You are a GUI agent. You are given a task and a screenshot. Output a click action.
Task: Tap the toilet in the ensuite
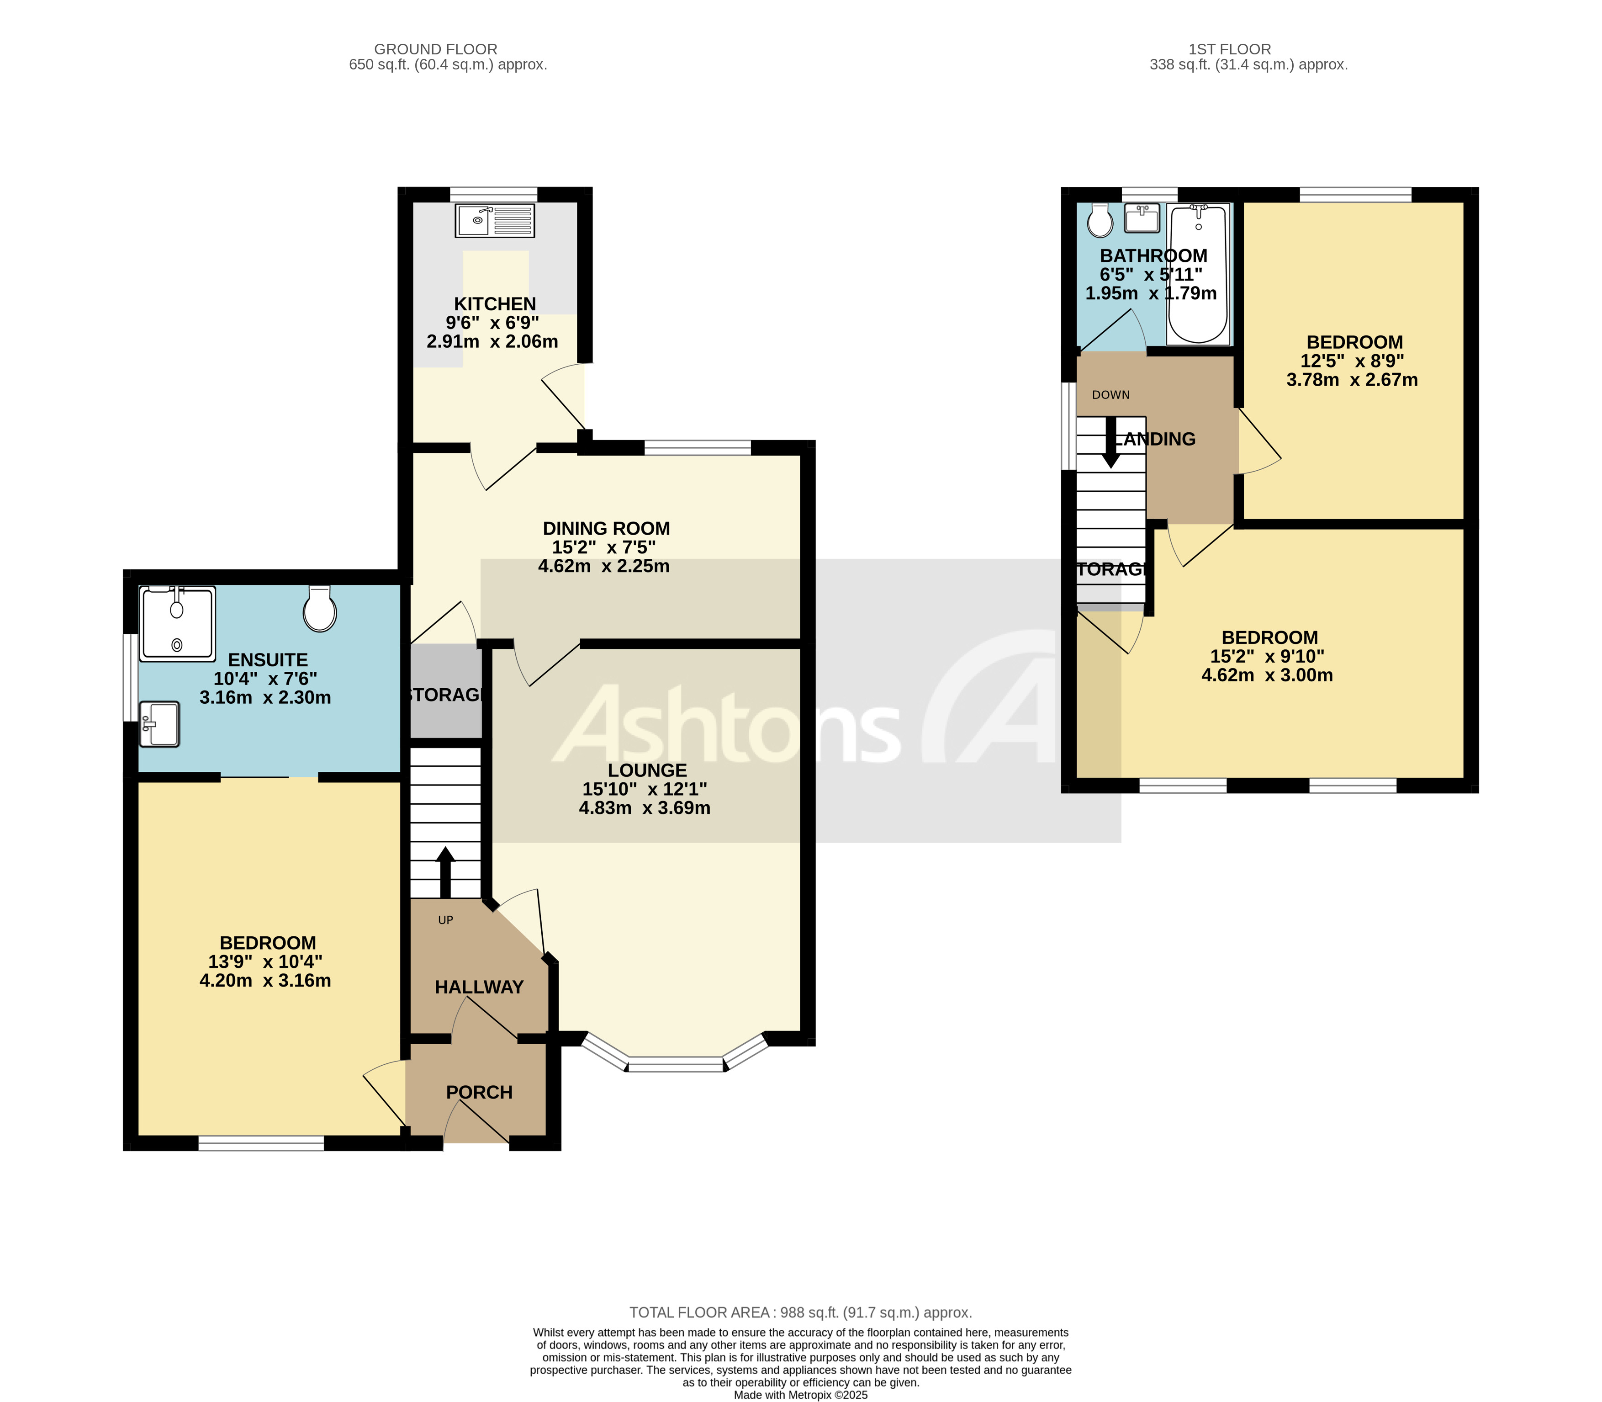tap(320, 610)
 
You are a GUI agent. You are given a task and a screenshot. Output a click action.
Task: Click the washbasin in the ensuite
tap(159, 724)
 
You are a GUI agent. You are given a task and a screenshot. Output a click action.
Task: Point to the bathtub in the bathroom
tap(1198, 274)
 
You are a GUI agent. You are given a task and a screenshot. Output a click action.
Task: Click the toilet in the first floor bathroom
tap(1100, 221)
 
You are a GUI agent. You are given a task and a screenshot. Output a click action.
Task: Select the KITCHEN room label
tap(495, 303)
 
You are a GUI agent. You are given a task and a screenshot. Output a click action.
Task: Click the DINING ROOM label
tap(606, 528)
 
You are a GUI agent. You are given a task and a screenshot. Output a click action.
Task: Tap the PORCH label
tap(479, 1092)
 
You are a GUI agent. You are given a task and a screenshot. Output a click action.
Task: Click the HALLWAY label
tap(479, 988)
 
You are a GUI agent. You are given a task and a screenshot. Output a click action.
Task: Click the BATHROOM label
tap(1153, 256)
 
